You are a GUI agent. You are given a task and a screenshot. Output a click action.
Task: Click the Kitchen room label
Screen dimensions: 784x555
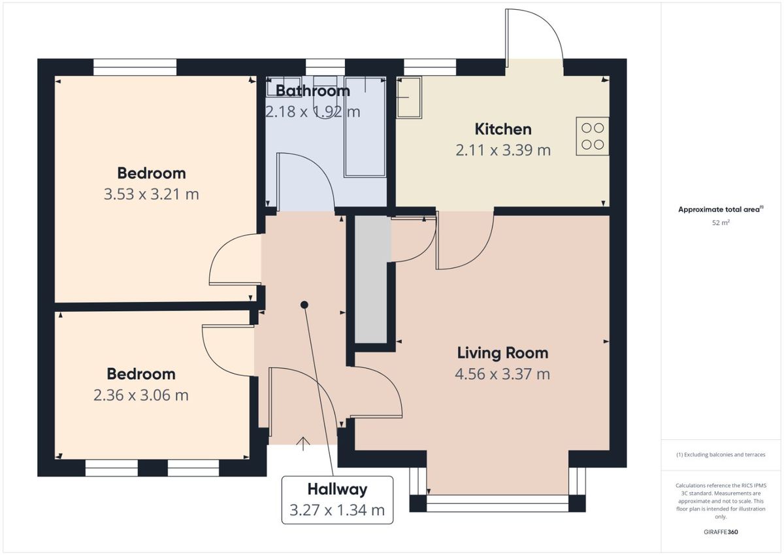(x=503, y=129)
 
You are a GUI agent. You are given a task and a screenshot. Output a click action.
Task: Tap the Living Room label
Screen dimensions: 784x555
(x=502, y=352)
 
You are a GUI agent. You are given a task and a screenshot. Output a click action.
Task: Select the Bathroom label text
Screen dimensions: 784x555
(x=313, y=91)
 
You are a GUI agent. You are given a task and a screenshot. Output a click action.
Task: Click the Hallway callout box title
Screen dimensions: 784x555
(x=337, y=490)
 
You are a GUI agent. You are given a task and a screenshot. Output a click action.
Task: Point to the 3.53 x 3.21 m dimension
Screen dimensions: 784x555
(x=151, y=194)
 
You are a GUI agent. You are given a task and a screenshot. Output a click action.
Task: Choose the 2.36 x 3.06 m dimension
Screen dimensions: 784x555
(x=141, y=395)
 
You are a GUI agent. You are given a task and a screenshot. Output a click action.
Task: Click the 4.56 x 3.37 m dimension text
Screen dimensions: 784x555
(x=502, y=374)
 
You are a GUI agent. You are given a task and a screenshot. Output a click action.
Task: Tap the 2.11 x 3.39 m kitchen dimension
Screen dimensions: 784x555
(x=503, y=150)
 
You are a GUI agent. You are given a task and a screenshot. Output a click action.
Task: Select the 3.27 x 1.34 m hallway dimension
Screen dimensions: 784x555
(x=337, y=510)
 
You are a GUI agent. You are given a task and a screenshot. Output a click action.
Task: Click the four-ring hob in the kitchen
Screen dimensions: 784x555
(x=593, y=136)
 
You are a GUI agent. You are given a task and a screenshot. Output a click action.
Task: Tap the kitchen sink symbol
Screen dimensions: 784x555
(x=409, y=97)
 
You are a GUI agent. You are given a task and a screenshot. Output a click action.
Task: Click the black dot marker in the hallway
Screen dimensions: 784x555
(x=304, y=305)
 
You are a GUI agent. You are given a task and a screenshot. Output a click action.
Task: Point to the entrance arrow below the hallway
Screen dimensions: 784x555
(x=302, y=444)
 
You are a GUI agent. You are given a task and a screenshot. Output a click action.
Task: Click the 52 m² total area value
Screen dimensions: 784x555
(x=721, y=223)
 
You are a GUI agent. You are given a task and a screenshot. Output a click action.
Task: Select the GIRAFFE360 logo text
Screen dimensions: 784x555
(x=721, y=532)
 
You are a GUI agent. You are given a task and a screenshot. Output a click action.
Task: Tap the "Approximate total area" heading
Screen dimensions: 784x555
(x=721, y=209)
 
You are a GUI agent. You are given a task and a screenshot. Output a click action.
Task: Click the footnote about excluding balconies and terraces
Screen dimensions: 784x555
(x=721, y=454)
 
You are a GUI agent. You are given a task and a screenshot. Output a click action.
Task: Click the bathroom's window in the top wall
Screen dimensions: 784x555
(x=325, y=67)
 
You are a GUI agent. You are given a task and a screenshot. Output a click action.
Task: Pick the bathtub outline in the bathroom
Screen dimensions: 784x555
(x=365, y=127)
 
